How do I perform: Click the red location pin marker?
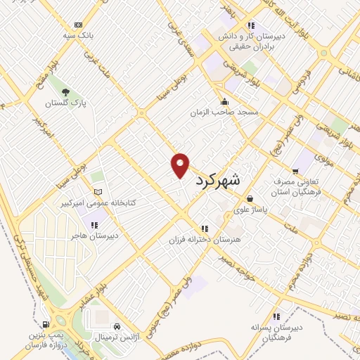pos(180,165)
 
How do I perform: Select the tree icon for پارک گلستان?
pos(66,92)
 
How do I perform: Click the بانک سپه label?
pos(77,35)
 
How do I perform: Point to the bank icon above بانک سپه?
pos(78,25)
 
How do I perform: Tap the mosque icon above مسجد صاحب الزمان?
pos(224,101)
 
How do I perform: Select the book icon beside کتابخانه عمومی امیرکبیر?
pos(98,191)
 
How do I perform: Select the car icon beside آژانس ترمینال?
pos(117,326)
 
